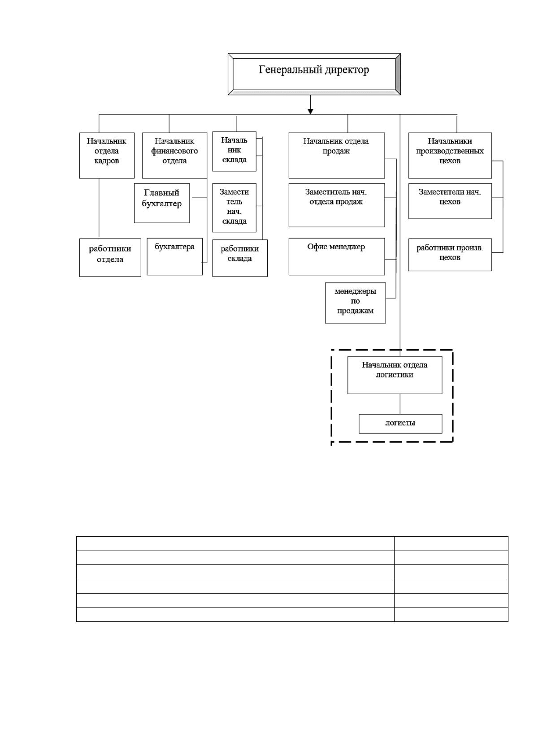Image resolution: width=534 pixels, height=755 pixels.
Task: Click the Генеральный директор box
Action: (x=314, y=74)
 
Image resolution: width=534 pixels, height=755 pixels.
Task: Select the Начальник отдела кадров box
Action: (x=107, y=156)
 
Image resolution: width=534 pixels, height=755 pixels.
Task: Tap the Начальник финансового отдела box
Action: (x=174, y=156)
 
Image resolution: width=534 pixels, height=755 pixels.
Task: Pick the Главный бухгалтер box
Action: (x=162, y=203)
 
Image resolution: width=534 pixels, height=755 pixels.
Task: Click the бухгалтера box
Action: (x=174, y=256)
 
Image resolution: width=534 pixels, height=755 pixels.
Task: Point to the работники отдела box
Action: (x=110, y=257)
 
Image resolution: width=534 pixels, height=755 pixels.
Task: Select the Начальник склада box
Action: (x=234, y=152)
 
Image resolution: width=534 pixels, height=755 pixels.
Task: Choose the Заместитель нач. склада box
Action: (x=234, y=208)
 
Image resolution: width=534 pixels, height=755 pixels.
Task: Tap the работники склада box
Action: (x=240, y=258)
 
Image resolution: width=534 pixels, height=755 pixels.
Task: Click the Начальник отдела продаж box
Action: (x=336, y=156)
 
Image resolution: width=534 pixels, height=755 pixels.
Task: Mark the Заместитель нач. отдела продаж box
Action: (x=336, y=205)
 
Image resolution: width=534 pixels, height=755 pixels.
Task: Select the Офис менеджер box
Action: (x=336, y=256)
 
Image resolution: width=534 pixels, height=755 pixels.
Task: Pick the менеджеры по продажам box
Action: (x=355, y=303)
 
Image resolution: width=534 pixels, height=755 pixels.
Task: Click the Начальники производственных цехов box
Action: (x=450, y=156)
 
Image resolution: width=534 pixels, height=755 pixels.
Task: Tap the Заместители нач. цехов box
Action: (x=450, y=201)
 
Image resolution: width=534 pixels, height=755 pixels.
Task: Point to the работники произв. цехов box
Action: (x=450, y=255)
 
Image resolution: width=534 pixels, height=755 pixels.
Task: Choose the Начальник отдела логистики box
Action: (x=395, y=375)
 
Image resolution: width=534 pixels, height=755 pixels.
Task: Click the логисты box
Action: (x=400, y=424)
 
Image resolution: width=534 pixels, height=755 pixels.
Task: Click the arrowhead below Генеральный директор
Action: (x=310, y=112)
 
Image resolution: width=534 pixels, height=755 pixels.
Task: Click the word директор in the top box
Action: (x=347, y=70)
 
